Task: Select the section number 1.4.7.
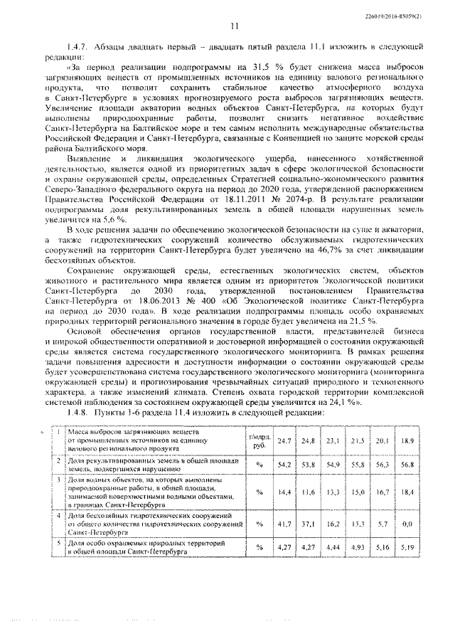[x=77, y=47]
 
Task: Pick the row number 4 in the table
[x=58, y=514]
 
